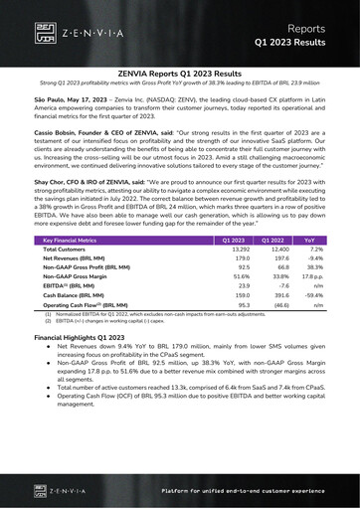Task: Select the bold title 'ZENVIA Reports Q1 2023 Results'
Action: point(179,74)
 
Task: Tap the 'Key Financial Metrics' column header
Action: point(70,241)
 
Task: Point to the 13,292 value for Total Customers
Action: point(234,251)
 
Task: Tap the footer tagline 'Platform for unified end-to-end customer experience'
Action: point(245,491)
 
